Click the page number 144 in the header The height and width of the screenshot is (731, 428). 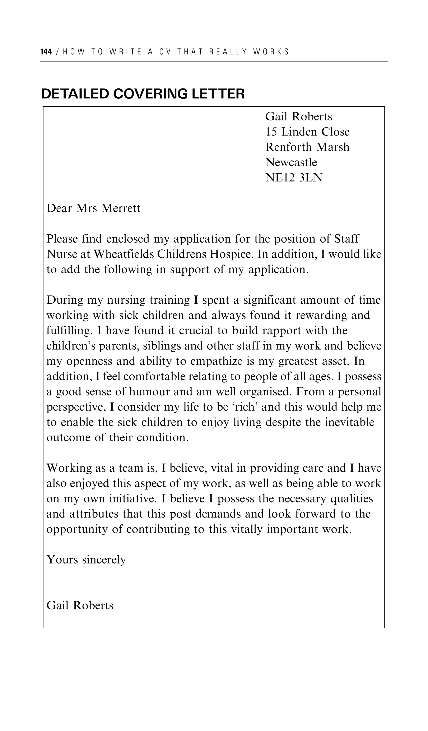(46, 52)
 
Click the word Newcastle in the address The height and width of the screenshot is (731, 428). (291, 162)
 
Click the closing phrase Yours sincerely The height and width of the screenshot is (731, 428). (86, 560)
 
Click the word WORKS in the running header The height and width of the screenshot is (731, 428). (271, 52)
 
